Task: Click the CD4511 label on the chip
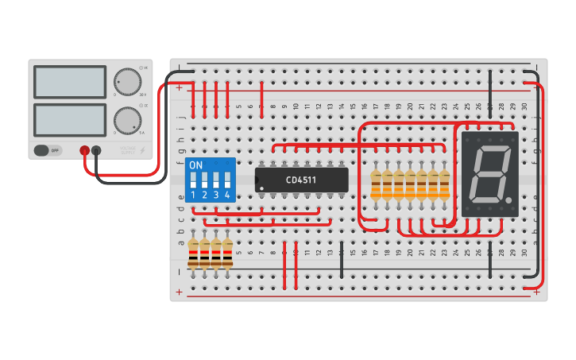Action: coord(301,180)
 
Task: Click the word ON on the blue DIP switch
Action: coord(195,165)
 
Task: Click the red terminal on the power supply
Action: coord(84,149)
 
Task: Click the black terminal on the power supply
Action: coord(96,149)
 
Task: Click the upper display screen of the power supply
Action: coord(70,82)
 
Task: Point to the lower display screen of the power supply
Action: coord(70,119)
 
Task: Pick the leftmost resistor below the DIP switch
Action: coord(193,253)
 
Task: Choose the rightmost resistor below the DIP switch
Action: coord(227,253)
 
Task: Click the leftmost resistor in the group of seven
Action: coord(376,184)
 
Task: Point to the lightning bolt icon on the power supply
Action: coord(142,149)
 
